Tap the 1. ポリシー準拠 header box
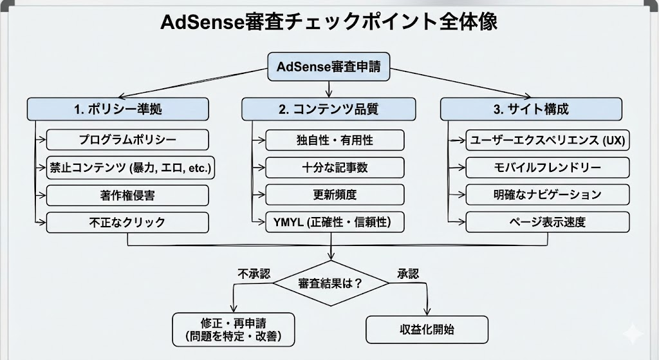[118, 109]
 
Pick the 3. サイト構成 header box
[531, 109]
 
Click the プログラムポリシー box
[127, 140]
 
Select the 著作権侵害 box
[127, 194]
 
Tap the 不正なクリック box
[127, 222]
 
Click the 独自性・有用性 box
[335, 140]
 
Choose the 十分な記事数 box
[335, 167]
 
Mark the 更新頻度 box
[335, 194]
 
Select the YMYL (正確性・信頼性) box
[335, 222]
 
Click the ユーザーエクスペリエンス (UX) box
[548, 140]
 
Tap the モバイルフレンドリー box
[548, 167]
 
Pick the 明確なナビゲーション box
[548, 194]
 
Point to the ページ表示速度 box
[548, 222]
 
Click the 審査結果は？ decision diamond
[330, 283]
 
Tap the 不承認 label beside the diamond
[250, 273]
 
